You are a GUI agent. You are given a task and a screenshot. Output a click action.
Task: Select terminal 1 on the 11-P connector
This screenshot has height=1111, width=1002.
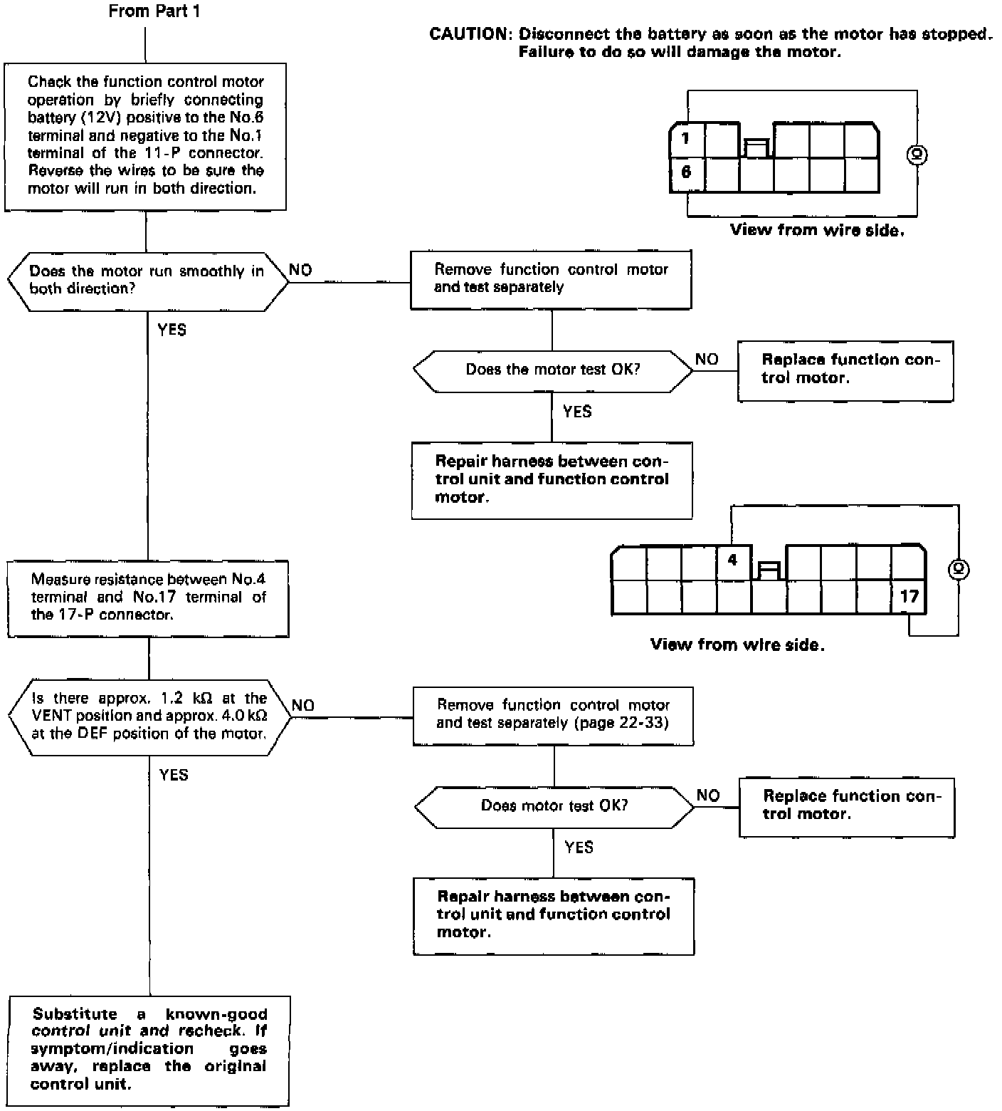coord(686,138)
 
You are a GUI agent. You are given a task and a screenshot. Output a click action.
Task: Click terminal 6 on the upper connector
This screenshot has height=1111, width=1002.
coord(686,172)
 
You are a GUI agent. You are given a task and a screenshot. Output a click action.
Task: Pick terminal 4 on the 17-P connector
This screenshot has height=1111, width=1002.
coord(733,560)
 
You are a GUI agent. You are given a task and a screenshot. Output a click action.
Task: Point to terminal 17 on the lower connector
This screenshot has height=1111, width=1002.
coord(909,596)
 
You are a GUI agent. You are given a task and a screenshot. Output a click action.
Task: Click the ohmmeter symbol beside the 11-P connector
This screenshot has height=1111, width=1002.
coord(917,154)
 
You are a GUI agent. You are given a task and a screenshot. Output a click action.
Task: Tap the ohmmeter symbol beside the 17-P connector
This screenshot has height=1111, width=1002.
coord(959,569)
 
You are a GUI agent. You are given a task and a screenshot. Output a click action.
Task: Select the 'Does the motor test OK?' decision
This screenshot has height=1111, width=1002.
coord(552,370)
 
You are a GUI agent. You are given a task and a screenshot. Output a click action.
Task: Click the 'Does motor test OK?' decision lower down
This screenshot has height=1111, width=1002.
coord(554,805)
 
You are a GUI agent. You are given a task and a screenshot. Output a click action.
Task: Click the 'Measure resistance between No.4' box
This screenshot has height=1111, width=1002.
coord(148,597)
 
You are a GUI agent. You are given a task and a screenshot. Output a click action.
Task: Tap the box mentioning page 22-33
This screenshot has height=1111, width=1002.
coord(553,714)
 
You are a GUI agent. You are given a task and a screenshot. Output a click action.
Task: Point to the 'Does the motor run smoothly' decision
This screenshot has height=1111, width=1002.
coord(147,280)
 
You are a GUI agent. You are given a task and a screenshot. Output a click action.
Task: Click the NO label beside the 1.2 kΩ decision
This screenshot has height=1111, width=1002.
coord(302,705)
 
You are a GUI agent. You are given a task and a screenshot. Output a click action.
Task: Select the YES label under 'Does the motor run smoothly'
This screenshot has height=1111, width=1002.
coord(172,330)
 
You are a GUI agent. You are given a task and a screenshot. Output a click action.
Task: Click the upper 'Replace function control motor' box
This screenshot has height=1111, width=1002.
coord(845,370)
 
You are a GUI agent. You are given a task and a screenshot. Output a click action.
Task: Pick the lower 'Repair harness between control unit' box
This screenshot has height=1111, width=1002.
coord(554,914)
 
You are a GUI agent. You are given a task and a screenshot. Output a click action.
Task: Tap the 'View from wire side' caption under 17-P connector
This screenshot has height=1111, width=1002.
coord(737,645)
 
